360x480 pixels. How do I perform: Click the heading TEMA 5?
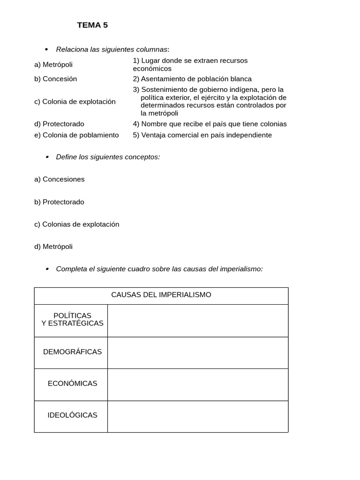tap(92, 25)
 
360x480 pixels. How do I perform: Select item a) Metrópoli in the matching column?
tap(53, 65)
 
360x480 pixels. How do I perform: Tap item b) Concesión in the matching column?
tap(55, 79)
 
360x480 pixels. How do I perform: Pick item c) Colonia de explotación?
tap(75, 102)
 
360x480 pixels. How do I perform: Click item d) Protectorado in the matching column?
tap(59, 124)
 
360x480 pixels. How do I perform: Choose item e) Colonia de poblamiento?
tap(76, 135)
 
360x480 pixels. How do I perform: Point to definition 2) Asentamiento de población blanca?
tap(192, 79)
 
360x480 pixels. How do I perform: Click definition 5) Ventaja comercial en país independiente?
tap(202, 135)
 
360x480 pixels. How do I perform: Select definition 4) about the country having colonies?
tap(210, 124)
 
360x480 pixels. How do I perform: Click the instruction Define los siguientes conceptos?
tap(108, 157)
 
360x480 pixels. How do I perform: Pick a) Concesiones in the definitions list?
tap(60, 179)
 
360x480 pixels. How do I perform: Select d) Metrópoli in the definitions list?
tap(53, 247)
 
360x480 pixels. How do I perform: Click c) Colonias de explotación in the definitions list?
tap(76, 224)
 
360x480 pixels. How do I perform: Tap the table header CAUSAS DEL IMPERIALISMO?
tap(161, 295)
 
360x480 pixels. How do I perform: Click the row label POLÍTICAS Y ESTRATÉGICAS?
tap(72, 319)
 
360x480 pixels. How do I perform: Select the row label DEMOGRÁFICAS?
tap(72, 352)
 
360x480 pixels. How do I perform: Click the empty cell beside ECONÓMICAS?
tap(197, 384)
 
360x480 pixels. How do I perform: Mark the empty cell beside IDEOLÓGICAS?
tap(197, 416)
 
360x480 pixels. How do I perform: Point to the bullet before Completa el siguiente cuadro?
tap(47, 269)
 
